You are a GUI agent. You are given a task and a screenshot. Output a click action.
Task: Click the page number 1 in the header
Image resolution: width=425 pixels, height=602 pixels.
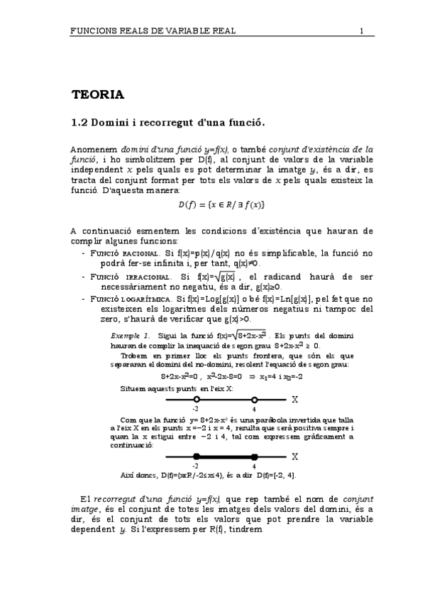361,31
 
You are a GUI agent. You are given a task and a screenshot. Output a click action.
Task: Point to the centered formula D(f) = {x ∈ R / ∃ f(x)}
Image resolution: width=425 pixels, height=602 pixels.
221,205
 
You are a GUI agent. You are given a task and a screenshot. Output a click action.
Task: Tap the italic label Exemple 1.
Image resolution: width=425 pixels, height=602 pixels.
130,334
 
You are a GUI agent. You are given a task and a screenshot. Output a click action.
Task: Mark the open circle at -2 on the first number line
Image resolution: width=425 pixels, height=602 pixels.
196,400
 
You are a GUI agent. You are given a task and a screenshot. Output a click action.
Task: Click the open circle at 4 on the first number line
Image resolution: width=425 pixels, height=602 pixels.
254,400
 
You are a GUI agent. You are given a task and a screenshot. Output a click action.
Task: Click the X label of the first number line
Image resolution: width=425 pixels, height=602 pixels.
294,400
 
